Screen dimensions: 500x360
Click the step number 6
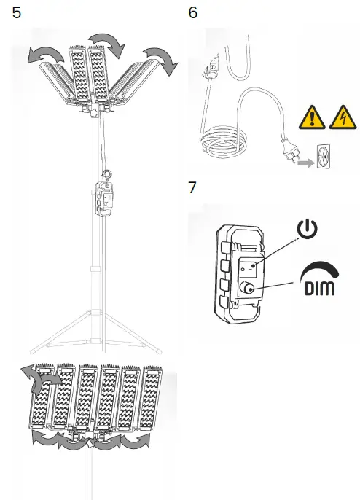(193, 12)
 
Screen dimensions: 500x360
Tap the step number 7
(193, 187)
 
